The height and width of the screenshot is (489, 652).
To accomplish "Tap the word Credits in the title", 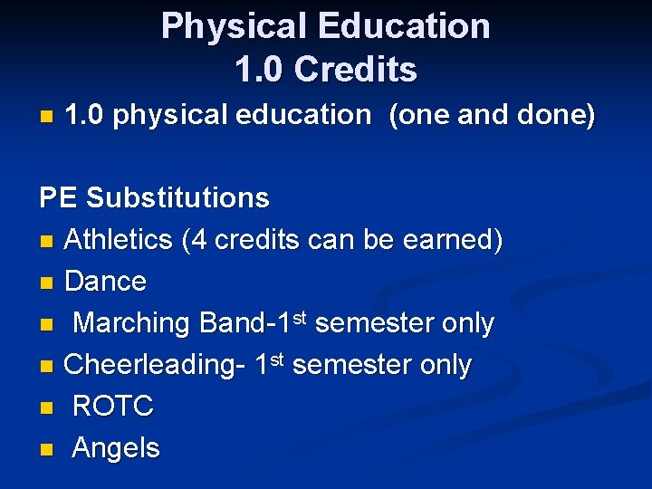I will tap(356, 70).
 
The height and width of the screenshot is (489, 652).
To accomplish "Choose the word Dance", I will tap(105, 282).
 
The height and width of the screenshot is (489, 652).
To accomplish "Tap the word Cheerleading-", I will tap(150, 365).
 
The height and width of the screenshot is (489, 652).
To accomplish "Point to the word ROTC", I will tap(113, 407).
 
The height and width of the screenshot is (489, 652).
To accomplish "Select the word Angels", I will tap(116, 448).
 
